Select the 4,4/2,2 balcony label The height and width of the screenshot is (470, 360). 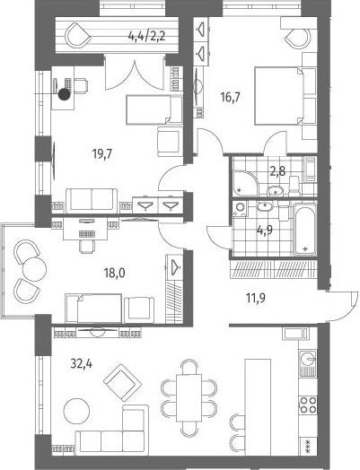(x=147, y=38)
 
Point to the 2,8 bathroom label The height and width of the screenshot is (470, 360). (x=277, y=172)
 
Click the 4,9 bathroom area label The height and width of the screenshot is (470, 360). (x=265, y=231)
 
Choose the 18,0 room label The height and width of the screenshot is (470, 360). (x=115, y=273)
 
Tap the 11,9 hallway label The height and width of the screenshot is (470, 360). (x=256, y=299)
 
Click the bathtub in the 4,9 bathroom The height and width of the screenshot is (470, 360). (x=304, y=230)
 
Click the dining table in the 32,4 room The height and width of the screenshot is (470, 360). (x=189, y=397)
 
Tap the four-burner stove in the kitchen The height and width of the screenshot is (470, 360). (x=308, y=405)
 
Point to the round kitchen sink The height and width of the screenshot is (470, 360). (x=308, y=358)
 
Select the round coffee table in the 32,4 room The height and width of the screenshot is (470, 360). (x=77, y=411)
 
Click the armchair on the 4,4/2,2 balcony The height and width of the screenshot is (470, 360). (x=77, y=35)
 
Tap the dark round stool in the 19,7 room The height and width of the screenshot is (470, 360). (x=65, y=94)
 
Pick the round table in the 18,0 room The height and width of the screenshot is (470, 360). (x=34, y=268)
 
